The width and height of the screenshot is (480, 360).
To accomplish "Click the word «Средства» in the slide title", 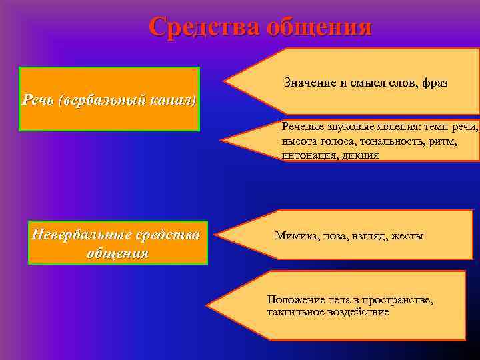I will [x=204, y=26].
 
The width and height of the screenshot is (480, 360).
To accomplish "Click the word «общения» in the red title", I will [x=319, y=26].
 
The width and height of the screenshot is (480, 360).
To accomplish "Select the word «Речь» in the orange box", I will [x=37, y=100].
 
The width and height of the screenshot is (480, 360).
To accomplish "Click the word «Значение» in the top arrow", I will [x=309, y=83].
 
